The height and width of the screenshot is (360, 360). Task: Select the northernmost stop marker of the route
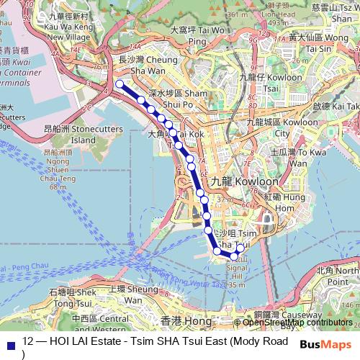(119, 84)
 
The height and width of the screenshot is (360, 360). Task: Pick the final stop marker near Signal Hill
(240, 248)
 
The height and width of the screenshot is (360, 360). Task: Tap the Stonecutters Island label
(73, 134)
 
